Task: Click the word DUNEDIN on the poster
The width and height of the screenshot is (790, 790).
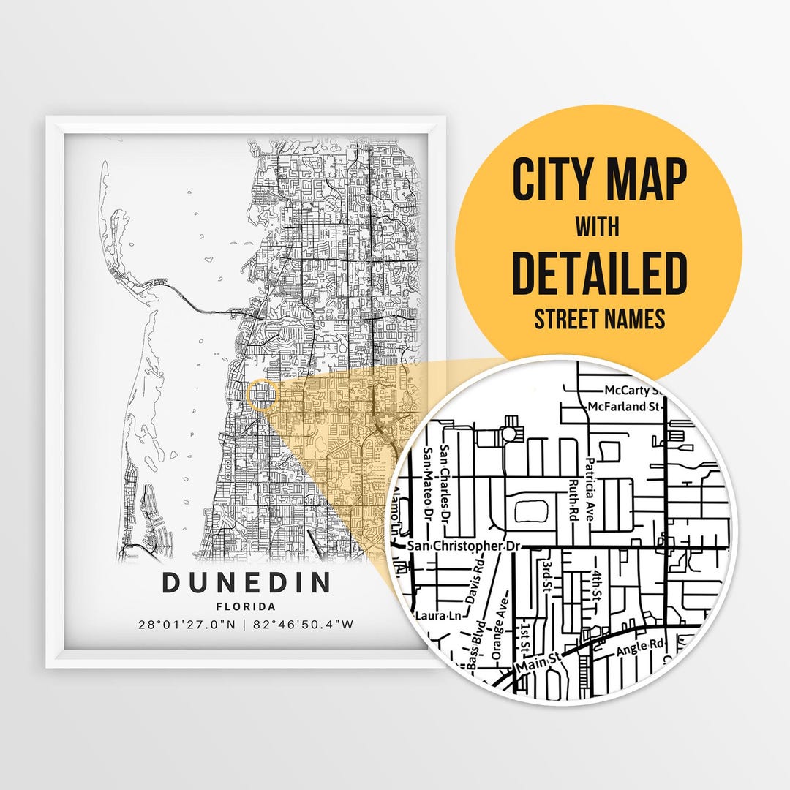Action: click(246, 584)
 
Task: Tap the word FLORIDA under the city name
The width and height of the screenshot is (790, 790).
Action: click(246, 606)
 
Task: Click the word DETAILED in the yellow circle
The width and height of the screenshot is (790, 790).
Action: click(599, 272)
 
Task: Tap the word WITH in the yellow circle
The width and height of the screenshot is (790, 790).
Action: click(597, 227)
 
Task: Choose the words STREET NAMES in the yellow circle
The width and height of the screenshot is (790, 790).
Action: click(599, 320)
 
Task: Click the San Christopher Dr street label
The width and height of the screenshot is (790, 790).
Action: click(467, 546)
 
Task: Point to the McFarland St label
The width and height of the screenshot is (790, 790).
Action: click(619, 406)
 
